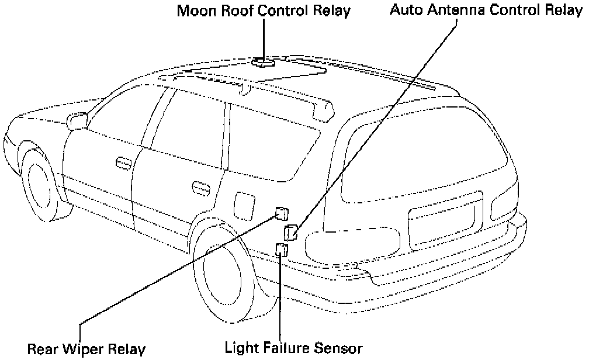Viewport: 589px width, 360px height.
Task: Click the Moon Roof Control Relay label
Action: pyautogui.click(x=264, y=11)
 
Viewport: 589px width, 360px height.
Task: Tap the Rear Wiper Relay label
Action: pyautogui.click(x=86, y=349)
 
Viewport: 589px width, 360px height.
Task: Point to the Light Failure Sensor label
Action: pyautogui.click(x=294, y=348)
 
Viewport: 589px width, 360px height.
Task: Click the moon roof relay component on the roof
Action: pyautogui.click(x=264, y=61)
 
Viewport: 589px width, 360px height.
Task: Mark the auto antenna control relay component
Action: pyautogui.click(x=290, y=232)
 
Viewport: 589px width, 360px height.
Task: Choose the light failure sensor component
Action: pyautogui.click(x=282, y=250)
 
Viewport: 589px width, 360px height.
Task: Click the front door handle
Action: pyautogui.click(x=123, y=163)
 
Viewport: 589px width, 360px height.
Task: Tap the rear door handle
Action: pyautogui.click(x=200, y=188)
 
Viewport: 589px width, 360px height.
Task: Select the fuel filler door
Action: pyautogui.click(x=241, y=203)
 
